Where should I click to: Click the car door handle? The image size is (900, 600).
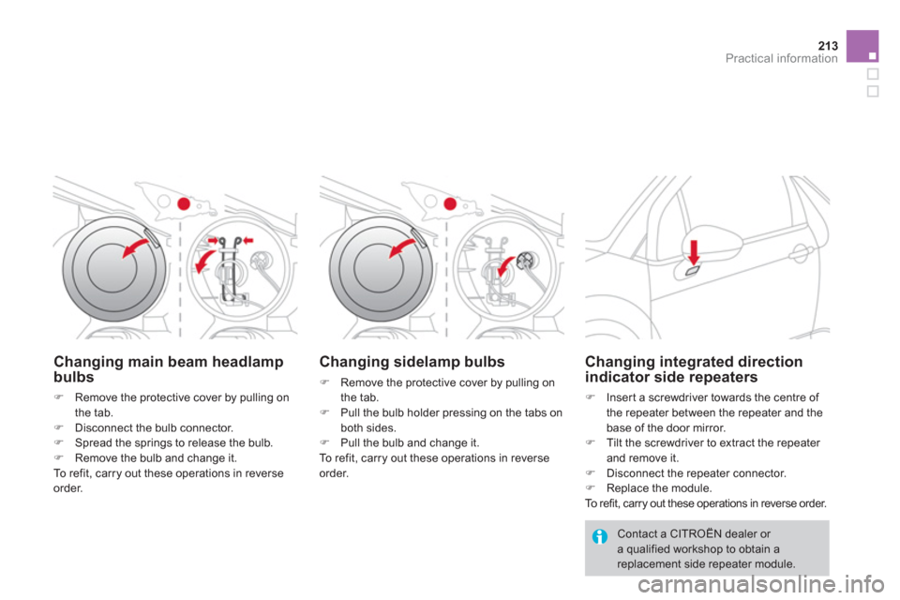point(800,252)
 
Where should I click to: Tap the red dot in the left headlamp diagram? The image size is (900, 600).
point(186,204)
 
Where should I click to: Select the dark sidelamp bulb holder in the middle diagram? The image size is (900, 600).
point(525,259)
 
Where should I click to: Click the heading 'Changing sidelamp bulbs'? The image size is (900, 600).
point(412,360)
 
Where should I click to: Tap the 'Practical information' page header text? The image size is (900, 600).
point(791,56)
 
